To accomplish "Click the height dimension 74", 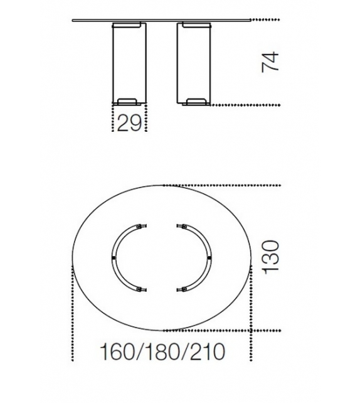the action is [270, 62].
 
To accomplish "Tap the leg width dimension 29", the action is [129, 123].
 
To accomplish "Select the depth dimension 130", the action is [270, 257].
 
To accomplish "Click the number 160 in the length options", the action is [117, 352].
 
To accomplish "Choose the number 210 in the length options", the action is [208, 352].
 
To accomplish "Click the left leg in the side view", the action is [129, 64].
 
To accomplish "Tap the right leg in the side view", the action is [194, 64].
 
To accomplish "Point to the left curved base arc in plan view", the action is [113, 257].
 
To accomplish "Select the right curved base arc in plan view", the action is [210, 257].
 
